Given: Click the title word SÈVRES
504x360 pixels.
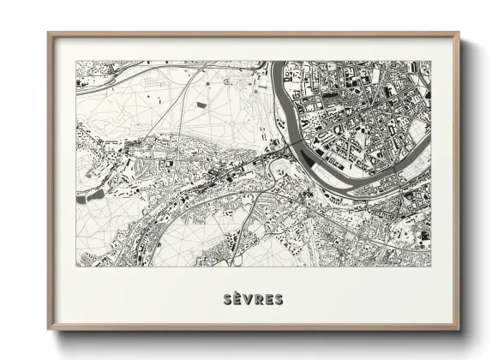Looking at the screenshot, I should [253, 299].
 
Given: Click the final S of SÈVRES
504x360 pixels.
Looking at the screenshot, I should [279, 299].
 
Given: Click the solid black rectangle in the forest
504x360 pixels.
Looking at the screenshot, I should [202, 105].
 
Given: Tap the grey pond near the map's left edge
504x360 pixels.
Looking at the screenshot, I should [92, 195].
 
